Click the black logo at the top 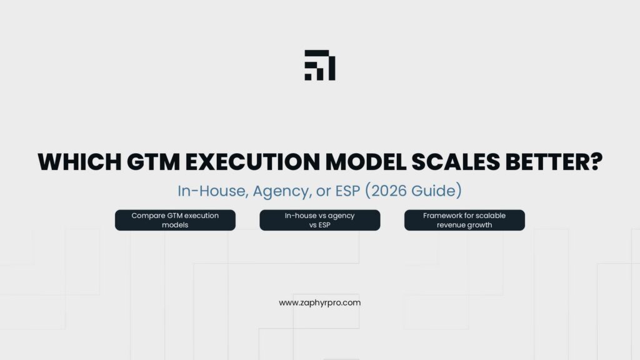[x=319, y=65]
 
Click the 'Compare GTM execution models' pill [x=175, y=220]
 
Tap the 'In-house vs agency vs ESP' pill [x=319, y=220]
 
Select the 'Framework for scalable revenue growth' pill [x=464, y=220]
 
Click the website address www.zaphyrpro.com [x=319, y=302]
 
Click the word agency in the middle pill [x=342, y=216]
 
